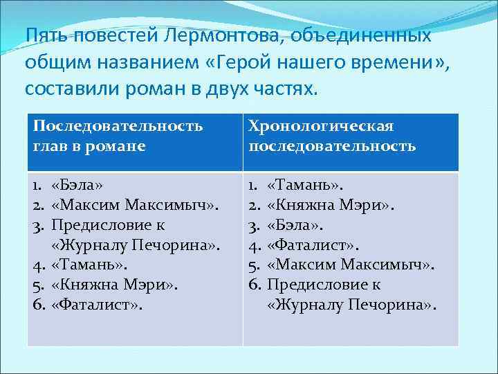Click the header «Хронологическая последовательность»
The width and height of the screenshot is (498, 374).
point(333,136)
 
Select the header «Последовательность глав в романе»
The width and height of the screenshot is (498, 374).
point(118,136)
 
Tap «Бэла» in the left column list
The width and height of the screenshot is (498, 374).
point(77,185)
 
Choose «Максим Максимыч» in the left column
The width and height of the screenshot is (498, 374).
point(135,205)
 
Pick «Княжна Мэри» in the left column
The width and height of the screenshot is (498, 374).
point(114,284)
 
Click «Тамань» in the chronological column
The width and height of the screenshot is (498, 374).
point(305,185)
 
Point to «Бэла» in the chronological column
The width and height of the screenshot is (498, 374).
point(295,225)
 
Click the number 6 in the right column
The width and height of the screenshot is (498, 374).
point(254,284)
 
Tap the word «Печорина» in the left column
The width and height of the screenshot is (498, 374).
point(180,244)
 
